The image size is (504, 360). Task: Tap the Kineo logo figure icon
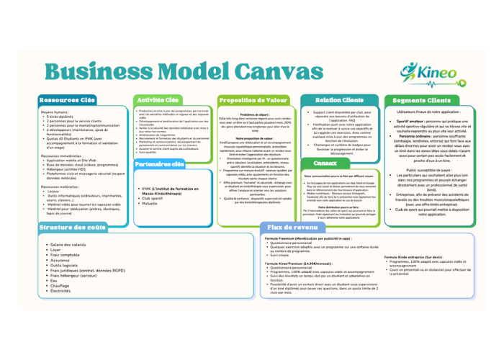410,71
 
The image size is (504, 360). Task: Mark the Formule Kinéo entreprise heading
413,257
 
